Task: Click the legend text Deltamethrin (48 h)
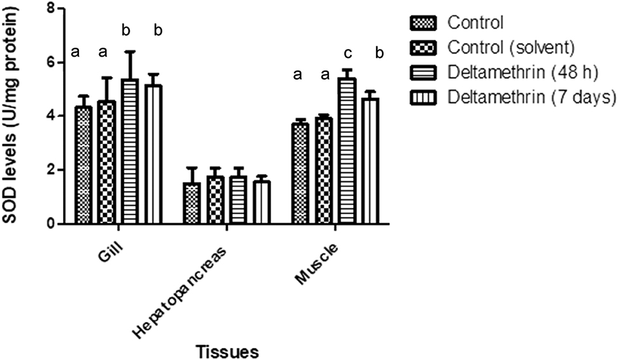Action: click(523, 73)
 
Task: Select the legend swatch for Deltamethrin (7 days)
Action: click(422, 97)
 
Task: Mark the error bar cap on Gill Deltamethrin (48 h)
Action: click(130, 52)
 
